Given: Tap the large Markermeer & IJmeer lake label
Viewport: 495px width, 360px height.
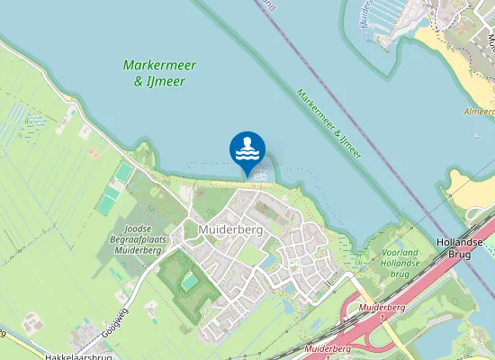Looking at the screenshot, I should pos(161,73).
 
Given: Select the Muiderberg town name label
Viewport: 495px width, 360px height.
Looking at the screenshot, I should pos(229,230).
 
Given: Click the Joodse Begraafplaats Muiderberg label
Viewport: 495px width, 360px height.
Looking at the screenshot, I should pos(136,240).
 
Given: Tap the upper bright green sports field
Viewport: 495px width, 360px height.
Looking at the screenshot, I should pos(124,172).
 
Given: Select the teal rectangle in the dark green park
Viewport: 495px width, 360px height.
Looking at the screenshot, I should pos(189,282).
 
